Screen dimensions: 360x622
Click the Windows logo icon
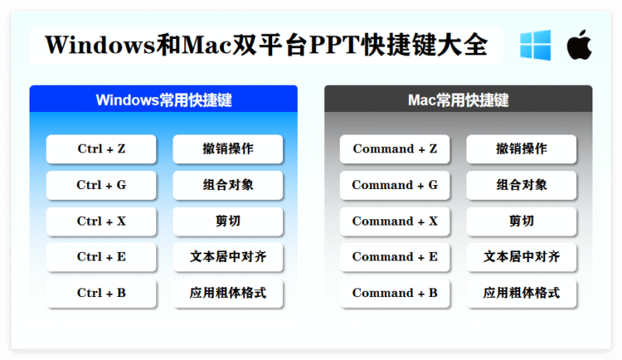coord(535,45)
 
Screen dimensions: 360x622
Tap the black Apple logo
coord(578,45)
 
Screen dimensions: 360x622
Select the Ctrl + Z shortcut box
coord(101,149)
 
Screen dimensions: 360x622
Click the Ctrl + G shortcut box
coord(101,185)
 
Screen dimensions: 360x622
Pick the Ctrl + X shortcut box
coord(101,221)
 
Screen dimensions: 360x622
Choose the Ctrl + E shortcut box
coord(101,257)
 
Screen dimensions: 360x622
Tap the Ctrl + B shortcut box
coord(101,293)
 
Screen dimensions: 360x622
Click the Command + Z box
coord(395,149)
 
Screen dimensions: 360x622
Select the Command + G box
coord(395,185)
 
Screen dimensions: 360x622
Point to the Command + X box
coord(395,221)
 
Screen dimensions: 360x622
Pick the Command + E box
coord(395,257)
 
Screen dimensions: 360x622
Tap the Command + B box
coord(395,293)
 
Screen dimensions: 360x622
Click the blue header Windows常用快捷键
coord(164,100)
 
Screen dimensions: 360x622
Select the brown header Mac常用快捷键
coord(458,100)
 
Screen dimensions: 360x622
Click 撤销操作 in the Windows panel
coord(228,149)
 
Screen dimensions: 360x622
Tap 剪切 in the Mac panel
coord(522,221)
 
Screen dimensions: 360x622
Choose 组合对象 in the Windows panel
coord(228,185)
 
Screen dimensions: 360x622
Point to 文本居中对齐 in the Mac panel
coord(522,257)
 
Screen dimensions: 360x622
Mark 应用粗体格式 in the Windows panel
coord(228,293)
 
